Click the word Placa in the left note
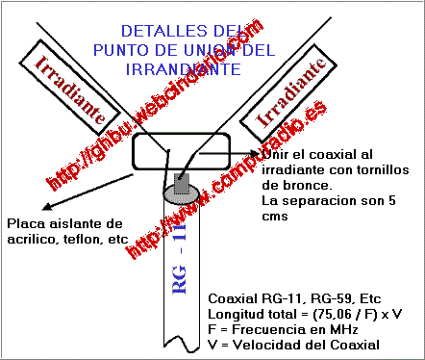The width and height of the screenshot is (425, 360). point(23,223)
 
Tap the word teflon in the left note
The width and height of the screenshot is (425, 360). point(81,239)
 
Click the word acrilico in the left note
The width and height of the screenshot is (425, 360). point(31,239)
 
